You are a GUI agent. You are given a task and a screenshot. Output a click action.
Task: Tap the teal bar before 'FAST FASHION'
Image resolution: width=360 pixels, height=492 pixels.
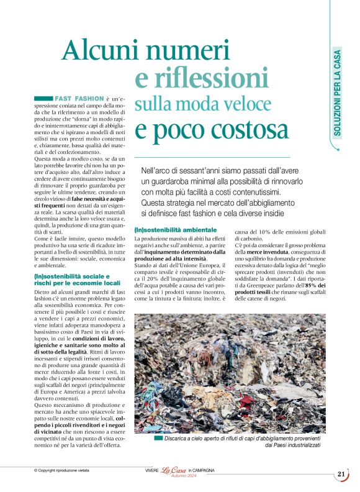(x=43, y=99)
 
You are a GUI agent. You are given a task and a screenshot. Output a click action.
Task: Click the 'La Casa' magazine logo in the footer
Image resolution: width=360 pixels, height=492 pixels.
(x=174, y=470)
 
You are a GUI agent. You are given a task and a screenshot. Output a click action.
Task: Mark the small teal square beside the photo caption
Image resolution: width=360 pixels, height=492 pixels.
(x=160, y=438)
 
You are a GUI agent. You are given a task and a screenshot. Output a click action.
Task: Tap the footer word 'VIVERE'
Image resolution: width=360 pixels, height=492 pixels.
(x=148, y=471)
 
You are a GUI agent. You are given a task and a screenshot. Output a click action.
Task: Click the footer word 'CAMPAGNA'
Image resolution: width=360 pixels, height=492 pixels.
(x=204, y=471)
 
